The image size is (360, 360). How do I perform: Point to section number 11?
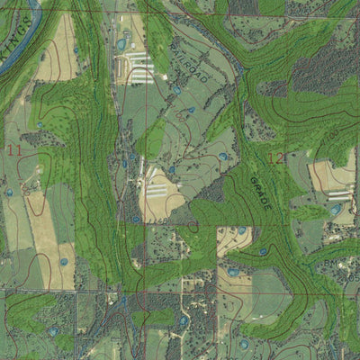pos(13,150)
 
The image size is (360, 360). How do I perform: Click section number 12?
pos(276,157)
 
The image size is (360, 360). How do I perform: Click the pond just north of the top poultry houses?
pos(121,43)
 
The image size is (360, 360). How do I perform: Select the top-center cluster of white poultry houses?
pos(139,67)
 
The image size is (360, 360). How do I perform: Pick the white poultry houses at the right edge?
pos(339,193)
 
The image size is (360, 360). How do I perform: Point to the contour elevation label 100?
pos(333,135)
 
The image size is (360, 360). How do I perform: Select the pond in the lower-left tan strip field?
pos(64,262)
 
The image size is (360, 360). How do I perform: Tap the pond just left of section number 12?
pos(223,157)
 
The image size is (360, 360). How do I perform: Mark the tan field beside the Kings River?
pos(56,54)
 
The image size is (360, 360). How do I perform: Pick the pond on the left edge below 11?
pos(9,193)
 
